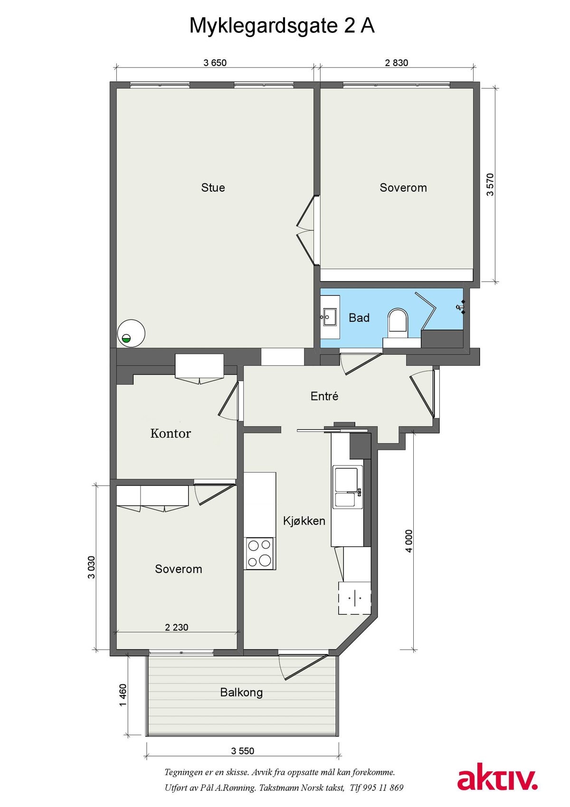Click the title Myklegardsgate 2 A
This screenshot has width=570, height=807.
282,27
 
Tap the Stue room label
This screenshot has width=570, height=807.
213,187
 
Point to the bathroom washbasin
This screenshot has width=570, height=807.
330,317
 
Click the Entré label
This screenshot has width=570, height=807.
324,396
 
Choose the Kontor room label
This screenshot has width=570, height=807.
170,433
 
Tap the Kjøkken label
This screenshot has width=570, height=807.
304,521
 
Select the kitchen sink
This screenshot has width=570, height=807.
348,487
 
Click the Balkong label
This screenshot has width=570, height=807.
241,692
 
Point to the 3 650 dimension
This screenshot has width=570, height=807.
215,63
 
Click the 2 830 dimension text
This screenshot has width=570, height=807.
397,63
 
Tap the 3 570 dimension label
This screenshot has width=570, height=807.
490,185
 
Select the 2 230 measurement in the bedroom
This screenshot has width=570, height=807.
177,627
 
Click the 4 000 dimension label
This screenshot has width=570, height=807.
409,541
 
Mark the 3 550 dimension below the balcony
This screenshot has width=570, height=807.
243,751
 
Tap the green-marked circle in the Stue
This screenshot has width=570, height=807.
131,333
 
